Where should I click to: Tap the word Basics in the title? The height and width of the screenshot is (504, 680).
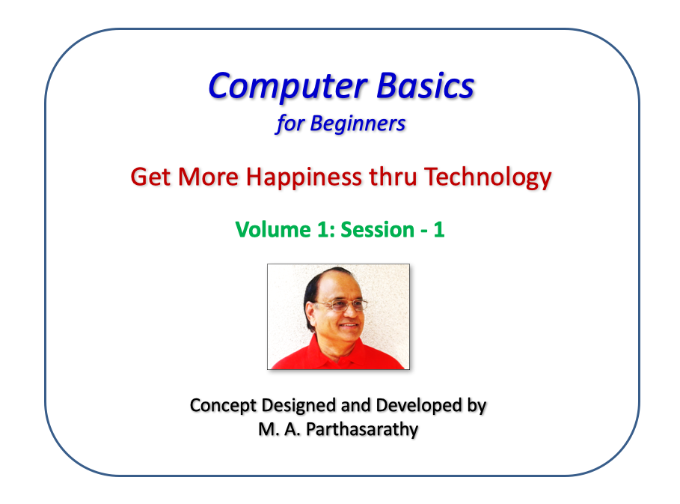point(426,85)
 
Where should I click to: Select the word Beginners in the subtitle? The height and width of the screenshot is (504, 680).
point(358,124)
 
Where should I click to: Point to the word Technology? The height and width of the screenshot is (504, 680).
point(488,178)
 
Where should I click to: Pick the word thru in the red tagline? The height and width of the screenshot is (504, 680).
point(393,177)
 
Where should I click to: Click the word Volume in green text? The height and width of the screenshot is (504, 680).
point(273,230)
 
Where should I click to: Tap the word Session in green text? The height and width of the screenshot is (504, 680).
point(377,230)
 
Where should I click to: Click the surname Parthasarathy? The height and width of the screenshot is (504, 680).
point(362,430)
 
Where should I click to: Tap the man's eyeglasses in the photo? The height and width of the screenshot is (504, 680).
point(343,305)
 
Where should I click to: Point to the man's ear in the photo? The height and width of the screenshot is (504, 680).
point(311,315)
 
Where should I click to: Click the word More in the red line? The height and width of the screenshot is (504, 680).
point(208,177)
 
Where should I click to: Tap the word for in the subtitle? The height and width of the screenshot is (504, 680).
point(290,124)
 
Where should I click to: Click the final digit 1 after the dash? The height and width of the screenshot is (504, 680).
point(439,230)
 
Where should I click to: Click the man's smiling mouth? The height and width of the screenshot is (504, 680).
point(349,325)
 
